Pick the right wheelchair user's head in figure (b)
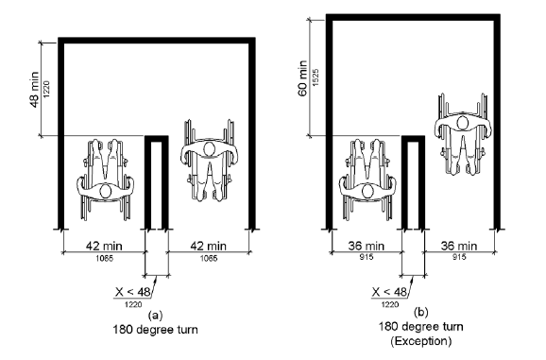point(463,121)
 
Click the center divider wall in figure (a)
point(156,184)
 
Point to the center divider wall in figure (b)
point(413,184)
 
